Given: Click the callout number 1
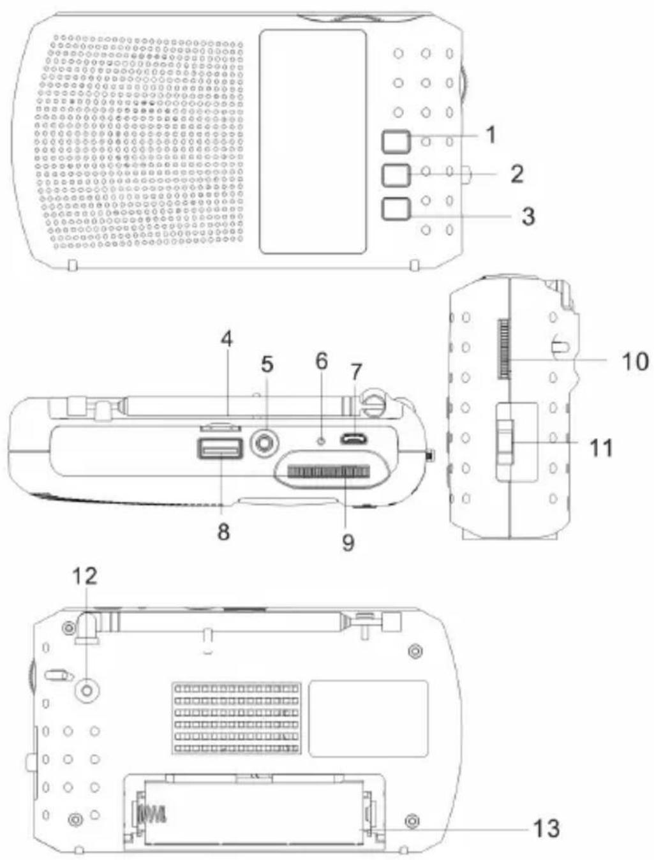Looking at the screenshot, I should point(490,135).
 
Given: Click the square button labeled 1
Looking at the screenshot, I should point(396,141).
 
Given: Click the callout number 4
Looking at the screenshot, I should point(227,339).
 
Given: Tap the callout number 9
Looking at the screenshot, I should point(348,542).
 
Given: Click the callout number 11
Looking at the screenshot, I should point(600,447).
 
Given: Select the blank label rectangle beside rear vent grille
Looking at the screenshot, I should point(368,718).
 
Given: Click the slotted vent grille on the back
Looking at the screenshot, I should point(236,718).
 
